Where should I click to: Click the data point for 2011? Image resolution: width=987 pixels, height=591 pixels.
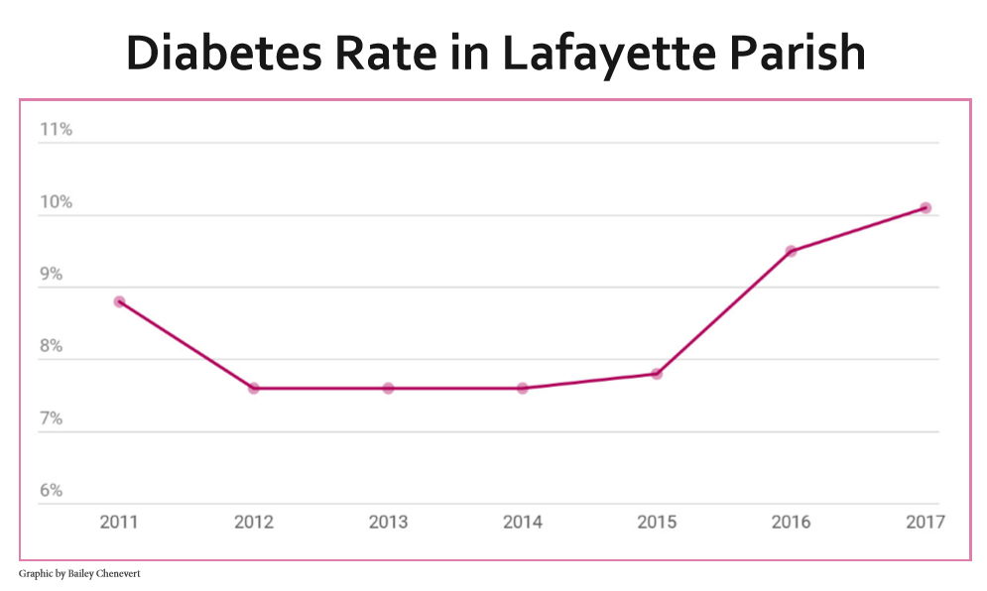click(119, 301)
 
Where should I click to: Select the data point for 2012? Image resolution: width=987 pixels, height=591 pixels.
click(254, 389)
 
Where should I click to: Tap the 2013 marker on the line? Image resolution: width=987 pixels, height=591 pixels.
click(388, 389)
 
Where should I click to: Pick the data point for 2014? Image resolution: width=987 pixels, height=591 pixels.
click(523, 389)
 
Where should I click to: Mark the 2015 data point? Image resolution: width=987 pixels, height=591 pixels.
click(657, 374)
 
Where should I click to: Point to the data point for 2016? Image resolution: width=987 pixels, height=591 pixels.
click(791, 251)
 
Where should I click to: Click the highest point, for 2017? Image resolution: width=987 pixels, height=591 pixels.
click(925, 208)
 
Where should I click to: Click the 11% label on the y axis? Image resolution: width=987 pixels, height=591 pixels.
click(56, 130)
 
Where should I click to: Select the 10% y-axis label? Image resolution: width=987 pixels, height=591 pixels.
click(56, 202)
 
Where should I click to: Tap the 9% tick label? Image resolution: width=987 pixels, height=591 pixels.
click(52, 275)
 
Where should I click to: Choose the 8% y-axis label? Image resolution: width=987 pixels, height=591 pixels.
click(52, 347)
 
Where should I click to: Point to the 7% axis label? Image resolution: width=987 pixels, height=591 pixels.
click(52, 419)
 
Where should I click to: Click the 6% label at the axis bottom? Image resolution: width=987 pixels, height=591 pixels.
click(52, 492)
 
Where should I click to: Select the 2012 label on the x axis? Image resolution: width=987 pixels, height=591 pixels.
click(254, 522)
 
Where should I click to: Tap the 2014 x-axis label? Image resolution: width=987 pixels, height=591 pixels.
click(523, 522)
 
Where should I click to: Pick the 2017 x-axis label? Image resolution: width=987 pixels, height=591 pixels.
click(925, 522)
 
